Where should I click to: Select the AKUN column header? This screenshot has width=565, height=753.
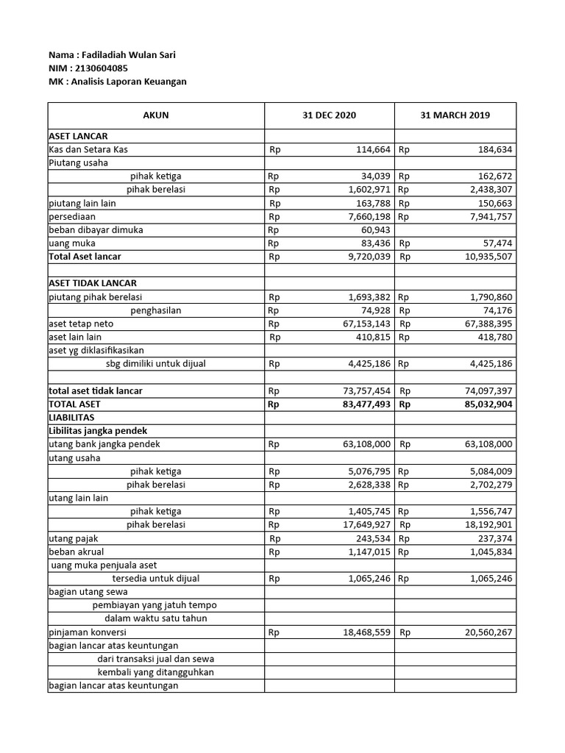[155, 115]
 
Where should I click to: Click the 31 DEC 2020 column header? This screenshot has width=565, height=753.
[329, 115]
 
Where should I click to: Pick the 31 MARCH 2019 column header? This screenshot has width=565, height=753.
[455, 115]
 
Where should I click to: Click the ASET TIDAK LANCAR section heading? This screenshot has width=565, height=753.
[93, 283]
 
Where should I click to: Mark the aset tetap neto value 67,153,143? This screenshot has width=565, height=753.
[364, 324]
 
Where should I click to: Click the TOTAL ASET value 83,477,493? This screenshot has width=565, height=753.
[364, 404]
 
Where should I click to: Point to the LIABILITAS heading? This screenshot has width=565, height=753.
[71, 417]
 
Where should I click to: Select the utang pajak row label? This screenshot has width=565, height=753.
[71, 538]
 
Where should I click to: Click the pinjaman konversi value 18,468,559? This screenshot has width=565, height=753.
[364, 632]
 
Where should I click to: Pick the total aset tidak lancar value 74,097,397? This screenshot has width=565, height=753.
[484, 391]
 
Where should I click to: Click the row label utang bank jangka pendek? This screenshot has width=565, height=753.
[104, 444]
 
